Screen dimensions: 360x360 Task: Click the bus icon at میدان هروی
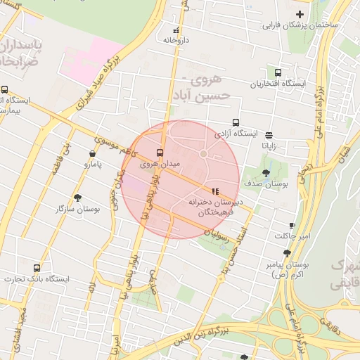coord(160,153)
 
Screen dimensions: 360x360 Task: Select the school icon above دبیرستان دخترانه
coord(214,191)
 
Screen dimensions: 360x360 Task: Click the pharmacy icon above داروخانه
coord(176,30)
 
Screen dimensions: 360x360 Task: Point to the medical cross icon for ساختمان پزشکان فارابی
coord(300,15)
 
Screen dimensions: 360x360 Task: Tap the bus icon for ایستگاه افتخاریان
coord(278,72)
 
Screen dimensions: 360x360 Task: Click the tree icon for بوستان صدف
coord(266,173)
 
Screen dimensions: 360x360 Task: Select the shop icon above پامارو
coord(93,154)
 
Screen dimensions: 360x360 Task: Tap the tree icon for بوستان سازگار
coord(77,198)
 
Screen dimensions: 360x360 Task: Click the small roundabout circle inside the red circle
coord(203,153)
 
